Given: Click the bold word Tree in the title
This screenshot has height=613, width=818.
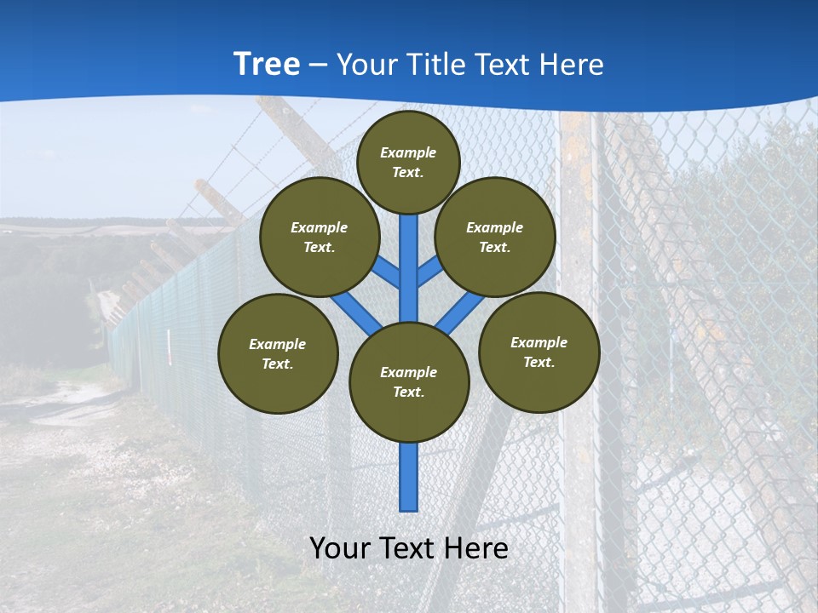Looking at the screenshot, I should click(x=267, y=65).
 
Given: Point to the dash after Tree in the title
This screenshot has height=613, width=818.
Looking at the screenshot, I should click(x=318, y=66).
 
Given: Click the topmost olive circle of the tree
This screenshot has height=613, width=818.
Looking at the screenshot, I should click(x=408, y=162).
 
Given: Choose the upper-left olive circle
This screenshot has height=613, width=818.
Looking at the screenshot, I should click(x=320, y=237).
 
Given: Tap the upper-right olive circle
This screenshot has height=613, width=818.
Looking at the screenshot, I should click(x=495, y=237).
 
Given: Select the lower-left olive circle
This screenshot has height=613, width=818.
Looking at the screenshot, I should click(x=278, y=353).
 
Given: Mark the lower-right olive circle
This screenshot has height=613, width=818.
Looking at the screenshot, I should click(x=539, y=352).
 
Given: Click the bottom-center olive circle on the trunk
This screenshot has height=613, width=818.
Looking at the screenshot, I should click(x=409, y=381).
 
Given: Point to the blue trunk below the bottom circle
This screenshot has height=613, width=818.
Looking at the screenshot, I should click(x=409, y=477).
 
